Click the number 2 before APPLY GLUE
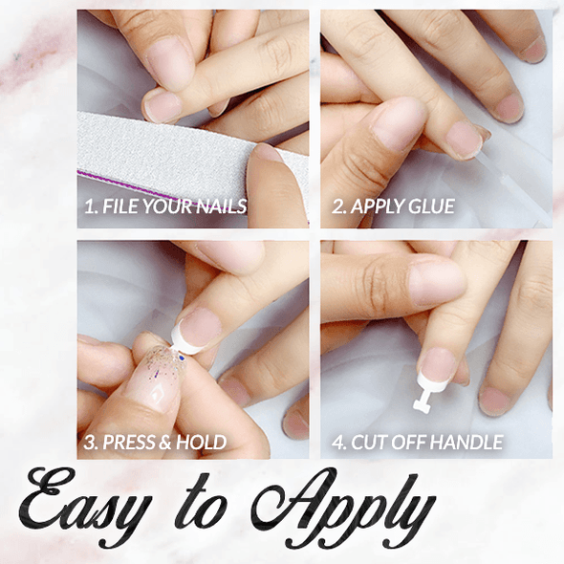(x=336, y=206)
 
